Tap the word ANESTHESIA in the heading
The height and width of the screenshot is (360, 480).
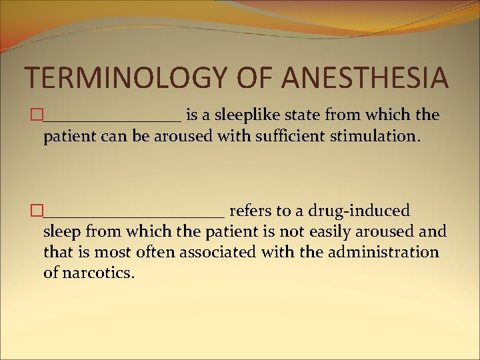(365, 77)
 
